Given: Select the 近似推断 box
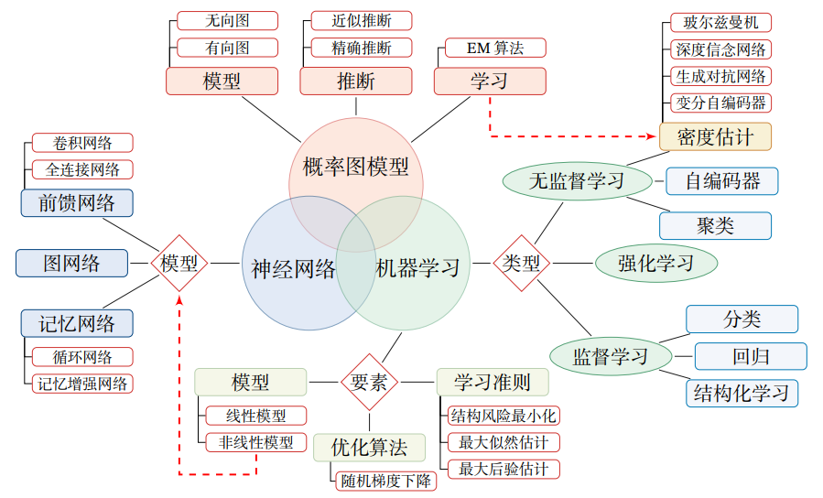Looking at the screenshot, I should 361,20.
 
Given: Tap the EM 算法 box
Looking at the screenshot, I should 494,48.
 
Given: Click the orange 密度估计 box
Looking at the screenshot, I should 715,137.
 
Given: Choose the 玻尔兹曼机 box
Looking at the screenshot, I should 720,22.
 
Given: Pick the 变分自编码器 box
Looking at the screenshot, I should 720,102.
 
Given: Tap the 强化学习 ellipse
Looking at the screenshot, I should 655,264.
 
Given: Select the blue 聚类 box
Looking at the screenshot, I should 715,225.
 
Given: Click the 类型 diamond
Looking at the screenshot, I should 522,264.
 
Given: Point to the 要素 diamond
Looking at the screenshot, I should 370,382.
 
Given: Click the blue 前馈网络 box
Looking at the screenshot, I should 77,202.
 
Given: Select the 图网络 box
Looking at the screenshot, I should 71,264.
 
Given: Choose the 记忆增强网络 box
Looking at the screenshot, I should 81,384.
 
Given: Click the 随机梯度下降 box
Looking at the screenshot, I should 386,480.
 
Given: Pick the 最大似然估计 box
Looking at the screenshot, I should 504,442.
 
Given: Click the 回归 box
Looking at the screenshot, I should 751,356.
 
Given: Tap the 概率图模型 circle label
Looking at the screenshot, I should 356,167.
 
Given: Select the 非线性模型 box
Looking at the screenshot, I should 255,442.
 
